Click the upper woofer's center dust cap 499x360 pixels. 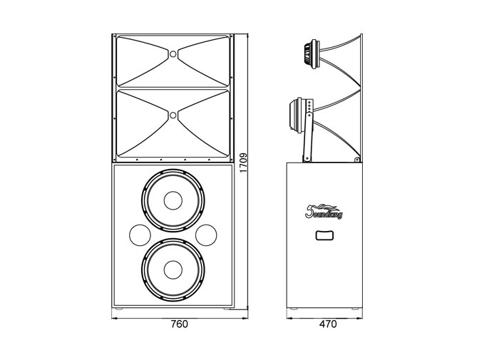pyautogui.click(x=173, y=200)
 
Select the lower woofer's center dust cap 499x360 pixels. pyautogui.click(x=173, y=269)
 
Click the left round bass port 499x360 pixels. pyautogui.click(x=140, y=235)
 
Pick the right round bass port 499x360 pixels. pyautogui.click(x=206, y=235)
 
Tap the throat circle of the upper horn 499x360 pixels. pyautogui.click(x=173, y=53)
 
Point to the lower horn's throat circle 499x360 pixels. pyautogui.click(x=173, y=115)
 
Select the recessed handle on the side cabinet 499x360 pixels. pyautogui.click(x=324, y=235)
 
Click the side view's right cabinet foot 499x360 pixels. pyautogui.click(x=354, y=309)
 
